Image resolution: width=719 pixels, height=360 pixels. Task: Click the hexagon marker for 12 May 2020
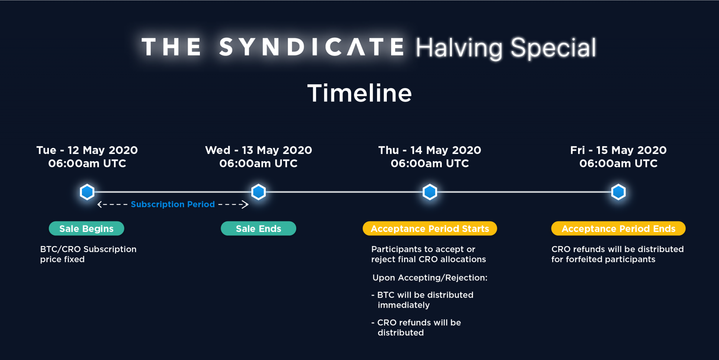[x=87, y=192]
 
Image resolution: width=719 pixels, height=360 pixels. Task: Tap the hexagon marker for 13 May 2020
[x=258, y=192]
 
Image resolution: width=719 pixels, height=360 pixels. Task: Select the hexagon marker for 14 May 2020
[x=430, y=192]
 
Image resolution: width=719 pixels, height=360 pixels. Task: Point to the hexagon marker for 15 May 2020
[x=618, y=192]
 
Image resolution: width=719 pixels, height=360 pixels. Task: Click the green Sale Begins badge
[x=87, y=228]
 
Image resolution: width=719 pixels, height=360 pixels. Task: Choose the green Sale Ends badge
[x=258, y=228]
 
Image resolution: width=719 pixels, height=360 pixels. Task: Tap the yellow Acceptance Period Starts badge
[x=430, y=228]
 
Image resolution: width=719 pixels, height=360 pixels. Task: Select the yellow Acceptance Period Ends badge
[x=618, y=228]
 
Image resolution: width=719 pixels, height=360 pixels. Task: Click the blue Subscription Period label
[x=173, y=204]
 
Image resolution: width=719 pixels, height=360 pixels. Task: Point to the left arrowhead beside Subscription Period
[x=100, y=204]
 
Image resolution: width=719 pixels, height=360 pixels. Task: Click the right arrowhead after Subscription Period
[x=246, y=204]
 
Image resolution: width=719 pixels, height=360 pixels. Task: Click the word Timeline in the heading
[x=359, y=93]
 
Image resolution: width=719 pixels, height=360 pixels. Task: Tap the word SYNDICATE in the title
[x=312, y=47]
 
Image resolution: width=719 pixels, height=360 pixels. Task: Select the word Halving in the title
[x=459, y=48]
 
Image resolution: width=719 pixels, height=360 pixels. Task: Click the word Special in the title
[x=553, y=48]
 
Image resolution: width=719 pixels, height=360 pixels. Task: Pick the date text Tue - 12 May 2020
[x=87, y=150]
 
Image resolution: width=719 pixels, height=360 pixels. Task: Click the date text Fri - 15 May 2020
[x=618, y=150]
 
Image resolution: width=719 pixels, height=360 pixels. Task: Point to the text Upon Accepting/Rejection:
[x=430, y=278]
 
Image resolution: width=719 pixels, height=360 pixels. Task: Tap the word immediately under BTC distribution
[x=403, y=305]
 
